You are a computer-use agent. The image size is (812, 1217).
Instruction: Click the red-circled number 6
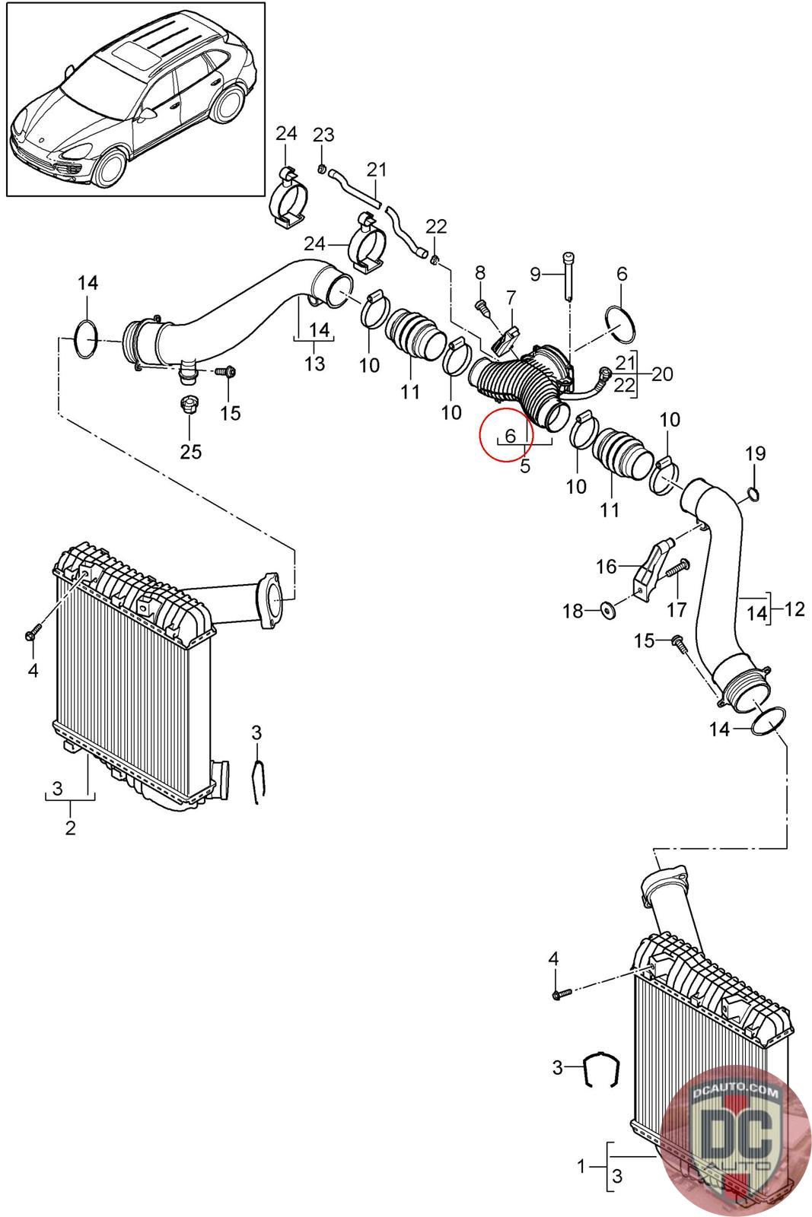point(510,435)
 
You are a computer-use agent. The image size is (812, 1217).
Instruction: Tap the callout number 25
point(191,452)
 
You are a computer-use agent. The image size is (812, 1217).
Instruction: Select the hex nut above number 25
point(189,405)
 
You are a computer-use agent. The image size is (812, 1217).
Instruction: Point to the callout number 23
point(323,135)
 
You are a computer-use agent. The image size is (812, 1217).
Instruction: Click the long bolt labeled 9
point(568,275)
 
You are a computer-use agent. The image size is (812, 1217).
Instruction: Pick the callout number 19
point(756,453)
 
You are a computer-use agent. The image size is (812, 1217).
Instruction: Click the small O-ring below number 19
point(753,494)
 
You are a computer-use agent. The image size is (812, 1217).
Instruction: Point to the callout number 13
point(315,364)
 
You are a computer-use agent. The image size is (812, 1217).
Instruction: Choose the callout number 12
point(794,609)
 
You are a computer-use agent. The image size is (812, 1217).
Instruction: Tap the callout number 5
point(525,466)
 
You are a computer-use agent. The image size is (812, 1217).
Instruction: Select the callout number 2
point(70,828)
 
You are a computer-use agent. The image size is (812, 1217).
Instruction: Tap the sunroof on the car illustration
point(129,56)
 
